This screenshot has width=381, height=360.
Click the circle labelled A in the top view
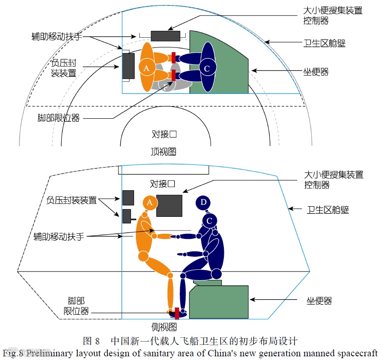click(147, 68)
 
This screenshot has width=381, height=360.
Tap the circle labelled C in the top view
click(207, 68)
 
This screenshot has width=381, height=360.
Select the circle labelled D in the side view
click(203, 202)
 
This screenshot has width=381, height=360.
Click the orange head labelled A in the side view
click(149, 202)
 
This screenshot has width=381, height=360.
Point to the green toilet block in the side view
click(219, 302)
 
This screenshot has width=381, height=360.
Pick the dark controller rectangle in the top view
click(165, 36)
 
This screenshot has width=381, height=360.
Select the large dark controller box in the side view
click(170, 205)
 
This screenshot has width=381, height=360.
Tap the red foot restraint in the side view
click(177, 313)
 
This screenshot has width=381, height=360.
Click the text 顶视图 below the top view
click(163, 151)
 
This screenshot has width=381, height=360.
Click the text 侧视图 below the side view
click(164, 327)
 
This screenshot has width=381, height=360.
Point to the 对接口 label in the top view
click(164, 134)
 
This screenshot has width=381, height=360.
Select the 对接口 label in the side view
click(162, 184)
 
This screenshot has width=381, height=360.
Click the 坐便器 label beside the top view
click(316, 72)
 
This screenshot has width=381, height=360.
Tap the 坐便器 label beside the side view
click(319, 301)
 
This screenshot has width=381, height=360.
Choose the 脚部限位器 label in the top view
click(59, 118)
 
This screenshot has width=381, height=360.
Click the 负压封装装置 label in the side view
click(71, 200)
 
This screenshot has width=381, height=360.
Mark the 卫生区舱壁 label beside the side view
click(328, 209)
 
